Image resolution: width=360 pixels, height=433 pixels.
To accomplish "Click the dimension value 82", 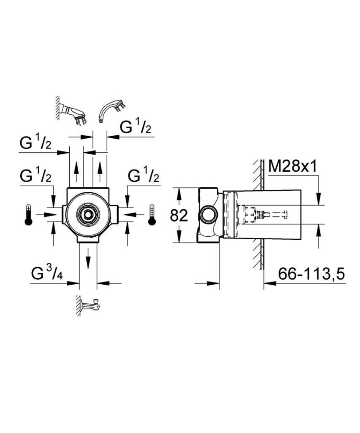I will click(x=179, y=216).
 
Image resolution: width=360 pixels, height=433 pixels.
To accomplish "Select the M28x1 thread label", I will click(x=293, y=167).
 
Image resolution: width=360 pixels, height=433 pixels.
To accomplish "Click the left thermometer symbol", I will click(x=28, y=214).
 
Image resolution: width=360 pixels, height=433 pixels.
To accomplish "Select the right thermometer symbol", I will click(x=152, y=214).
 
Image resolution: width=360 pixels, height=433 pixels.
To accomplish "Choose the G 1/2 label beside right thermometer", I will click(x=144, y=175).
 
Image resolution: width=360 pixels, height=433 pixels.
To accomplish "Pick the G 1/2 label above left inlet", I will click(x=35, y=175).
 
